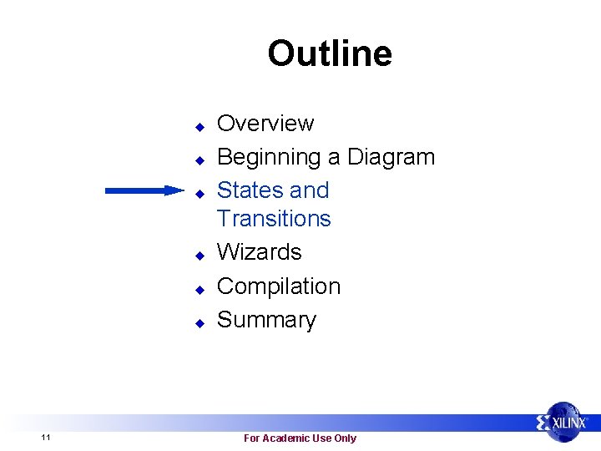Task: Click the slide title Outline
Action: (x=329, y=53)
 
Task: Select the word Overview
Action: (x=265, y=124)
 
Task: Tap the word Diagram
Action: (x=391, y=157)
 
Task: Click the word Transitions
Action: (x=274, y=219)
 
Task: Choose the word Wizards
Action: (x=259, y=252)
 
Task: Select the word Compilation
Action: (x=279, y=286)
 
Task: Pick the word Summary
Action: (x=266, y=320)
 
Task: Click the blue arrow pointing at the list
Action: (x=144, y=190)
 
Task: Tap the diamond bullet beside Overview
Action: (x=199, y=127)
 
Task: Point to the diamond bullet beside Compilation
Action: (x=199, y=289)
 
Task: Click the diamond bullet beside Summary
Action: (x=199, y=322)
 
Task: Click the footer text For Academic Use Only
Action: (x=300, y=438)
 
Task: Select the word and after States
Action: (x=310, y=190)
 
